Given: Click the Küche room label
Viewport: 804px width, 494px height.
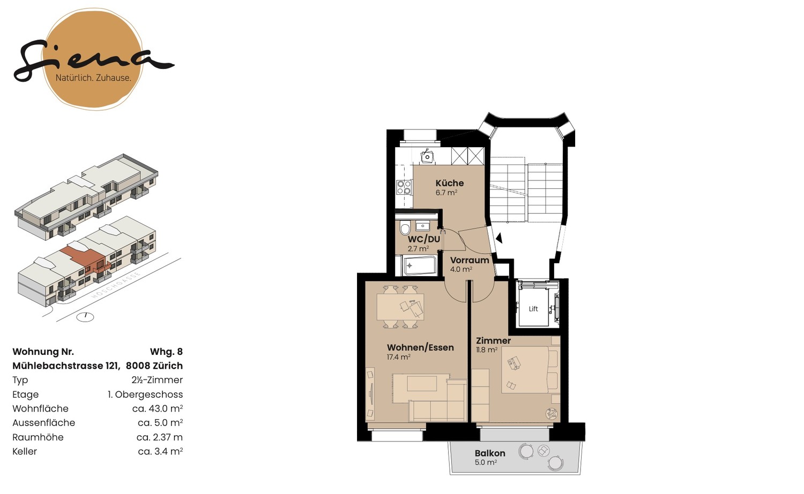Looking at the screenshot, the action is click(x=449, y=183).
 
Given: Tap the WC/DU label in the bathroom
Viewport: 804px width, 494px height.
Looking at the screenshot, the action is click(x=424, y=239).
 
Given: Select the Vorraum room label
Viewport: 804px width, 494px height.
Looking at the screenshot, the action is click(x=470, y=260).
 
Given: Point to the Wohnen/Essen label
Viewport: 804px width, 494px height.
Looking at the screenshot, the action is click(x=420, y=347).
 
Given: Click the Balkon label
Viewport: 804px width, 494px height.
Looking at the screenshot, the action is click(x=490, y=453).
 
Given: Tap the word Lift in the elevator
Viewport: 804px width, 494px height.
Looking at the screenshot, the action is click(x=533, y=309).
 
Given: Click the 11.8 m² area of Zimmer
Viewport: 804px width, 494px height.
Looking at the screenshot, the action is click(x=487, y=350).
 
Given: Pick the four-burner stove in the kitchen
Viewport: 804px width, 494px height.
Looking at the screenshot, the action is click(x=404, y=187).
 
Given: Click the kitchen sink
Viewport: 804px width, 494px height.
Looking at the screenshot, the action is click(x=427, y=156).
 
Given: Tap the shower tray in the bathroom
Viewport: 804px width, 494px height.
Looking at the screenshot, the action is click(x=419, y=265).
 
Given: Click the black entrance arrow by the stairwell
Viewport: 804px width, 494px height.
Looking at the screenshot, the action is click(x=498, y=237).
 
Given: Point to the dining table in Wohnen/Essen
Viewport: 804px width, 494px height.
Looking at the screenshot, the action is click(x=400, y=307).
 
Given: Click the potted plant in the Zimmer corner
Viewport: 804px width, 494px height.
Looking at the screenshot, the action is click(x=552, y=413).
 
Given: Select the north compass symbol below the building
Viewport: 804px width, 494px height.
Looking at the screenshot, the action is click(x=85, y=316).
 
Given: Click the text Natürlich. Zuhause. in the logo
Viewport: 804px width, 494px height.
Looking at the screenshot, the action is click(x=93, y=78).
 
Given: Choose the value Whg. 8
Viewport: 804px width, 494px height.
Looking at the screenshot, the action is click(x=166, y=352).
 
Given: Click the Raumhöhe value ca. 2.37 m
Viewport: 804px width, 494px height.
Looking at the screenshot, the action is click(x=159, y=437).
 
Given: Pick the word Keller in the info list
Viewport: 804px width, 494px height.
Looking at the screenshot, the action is click(x=25, y=451).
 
